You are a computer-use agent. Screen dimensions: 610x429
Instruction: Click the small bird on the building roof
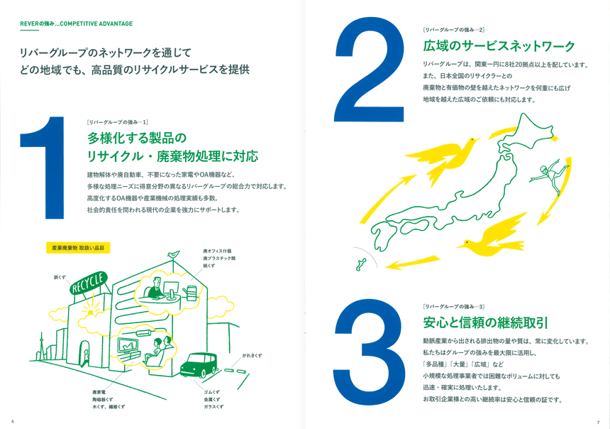(172, 254)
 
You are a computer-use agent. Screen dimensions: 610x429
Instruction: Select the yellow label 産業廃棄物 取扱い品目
(77, 248)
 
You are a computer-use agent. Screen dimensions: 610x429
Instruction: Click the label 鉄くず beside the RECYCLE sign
(59, 277)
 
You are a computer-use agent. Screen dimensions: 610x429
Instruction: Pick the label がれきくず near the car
(252, 355)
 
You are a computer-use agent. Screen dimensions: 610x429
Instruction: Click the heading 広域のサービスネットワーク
(499, 47)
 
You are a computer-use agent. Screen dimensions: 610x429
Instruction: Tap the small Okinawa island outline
(360, 264)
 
